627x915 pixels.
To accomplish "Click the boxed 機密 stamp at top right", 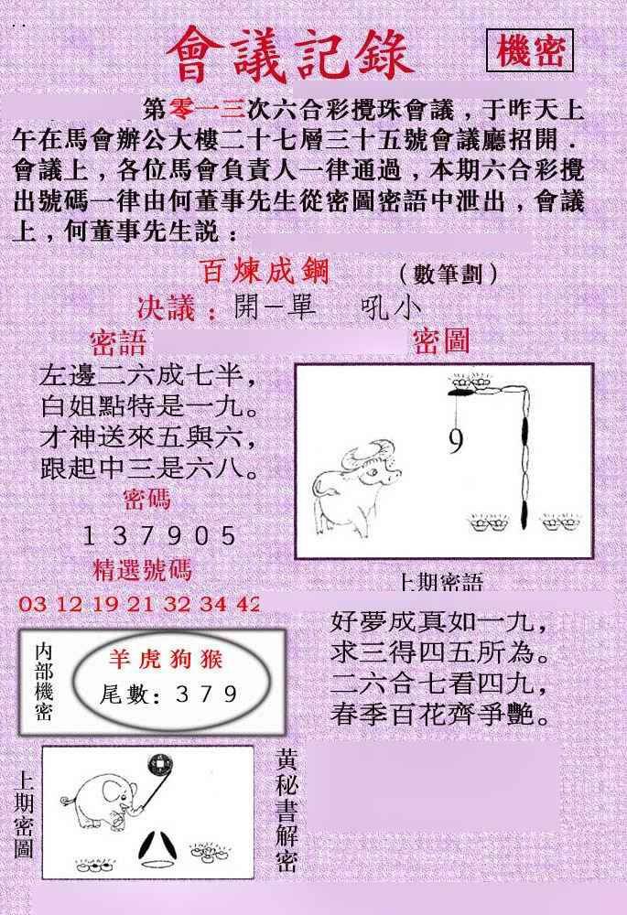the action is click(529, 50).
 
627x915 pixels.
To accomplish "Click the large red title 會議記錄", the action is click(290, 56).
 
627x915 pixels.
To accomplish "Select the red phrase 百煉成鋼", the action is click(265, 272).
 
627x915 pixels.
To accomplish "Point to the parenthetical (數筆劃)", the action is click(448, 273).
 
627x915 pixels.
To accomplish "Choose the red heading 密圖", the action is click(441, 340).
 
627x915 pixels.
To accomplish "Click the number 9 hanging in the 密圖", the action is click(456, 440).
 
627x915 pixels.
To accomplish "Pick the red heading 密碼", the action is click(147, 500).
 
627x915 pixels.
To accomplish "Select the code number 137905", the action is click(159, 535).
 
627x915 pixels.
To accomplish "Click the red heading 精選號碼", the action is click(143, 569).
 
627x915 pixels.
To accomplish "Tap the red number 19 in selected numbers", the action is click(105, 603).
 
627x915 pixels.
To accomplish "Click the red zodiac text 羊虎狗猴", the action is click(167, 660).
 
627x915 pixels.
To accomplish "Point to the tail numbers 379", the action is click(207, 694).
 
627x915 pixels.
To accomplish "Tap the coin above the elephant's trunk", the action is click(157, 765).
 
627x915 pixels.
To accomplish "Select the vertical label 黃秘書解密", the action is click(287, 810).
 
